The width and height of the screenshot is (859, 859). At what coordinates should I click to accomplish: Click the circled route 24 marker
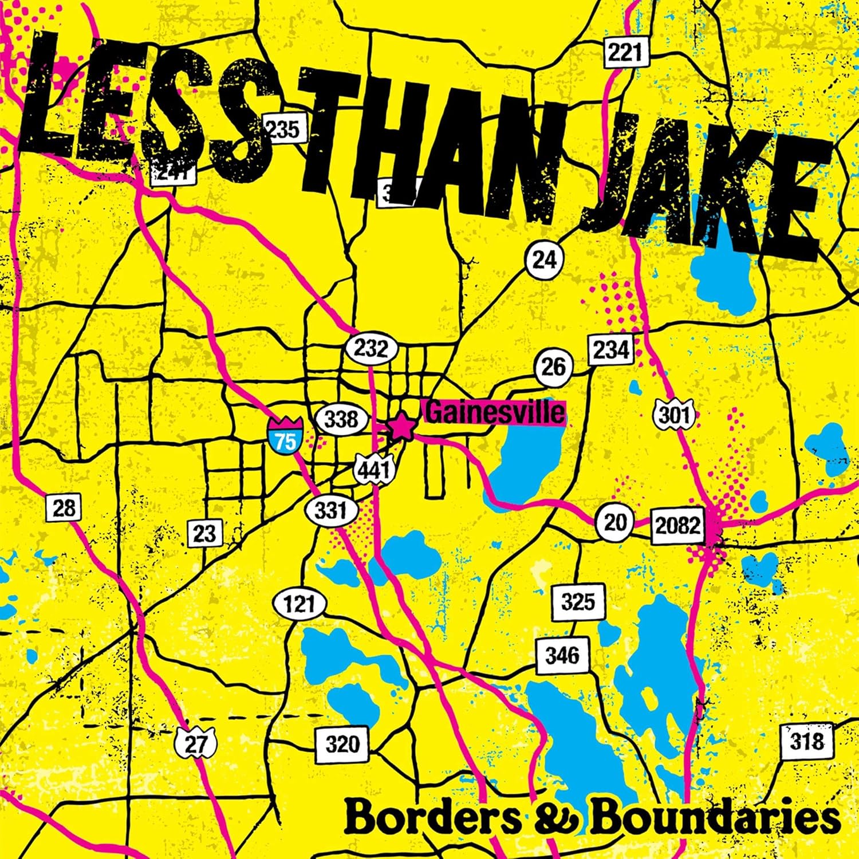(544, 260)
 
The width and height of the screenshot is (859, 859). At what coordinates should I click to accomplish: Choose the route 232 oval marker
(371, 348)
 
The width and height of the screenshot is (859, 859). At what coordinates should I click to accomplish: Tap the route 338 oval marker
(341, 419)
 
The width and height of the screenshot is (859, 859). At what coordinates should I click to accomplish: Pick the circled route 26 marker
(553, 367)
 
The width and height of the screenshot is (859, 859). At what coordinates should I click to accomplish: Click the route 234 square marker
(611, 349)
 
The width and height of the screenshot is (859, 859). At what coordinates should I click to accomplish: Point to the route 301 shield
(675, 414)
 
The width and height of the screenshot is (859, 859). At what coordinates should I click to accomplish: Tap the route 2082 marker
(677, 525)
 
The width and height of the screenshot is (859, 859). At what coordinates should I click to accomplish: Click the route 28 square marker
(63, 508)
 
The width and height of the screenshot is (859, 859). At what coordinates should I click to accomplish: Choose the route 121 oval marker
(300, 604)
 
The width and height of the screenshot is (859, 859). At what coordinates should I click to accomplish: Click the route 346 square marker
(562, 655)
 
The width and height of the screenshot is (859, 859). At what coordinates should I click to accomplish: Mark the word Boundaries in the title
(716, 819)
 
